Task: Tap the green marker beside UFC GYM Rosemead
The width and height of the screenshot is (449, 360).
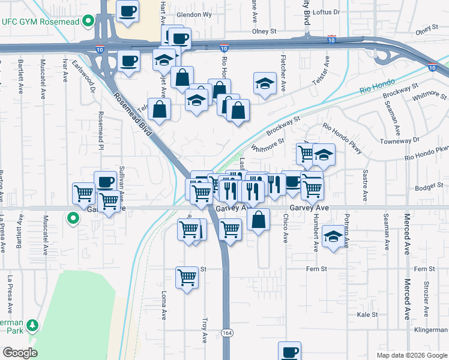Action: click(x=88, y=22)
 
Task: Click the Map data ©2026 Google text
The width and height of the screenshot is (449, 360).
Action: click(x=411, y=355)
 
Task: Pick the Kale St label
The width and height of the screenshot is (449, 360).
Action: click(x=367, y=314)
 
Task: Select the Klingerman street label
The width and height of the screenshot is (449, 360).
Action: click(x=430, y=329)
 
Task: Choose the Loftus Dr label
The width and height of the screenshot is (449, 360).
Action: click(x=326, y=11)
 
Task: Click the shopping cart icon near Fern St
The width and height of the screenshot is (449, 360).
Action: click(x=187, y=277)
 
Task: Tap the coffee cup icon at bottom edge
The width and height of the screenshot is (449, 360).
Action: click(x=290, y=351)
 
